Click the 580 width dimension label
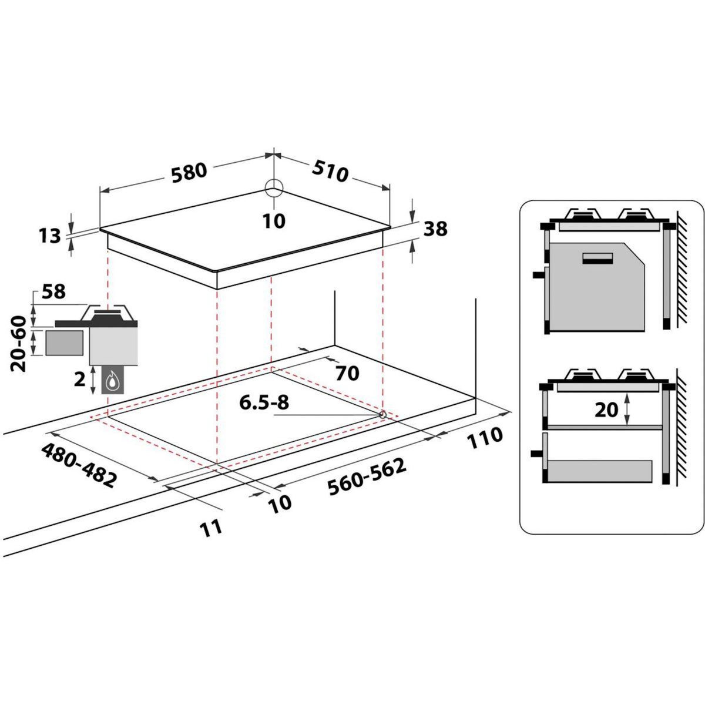point(190,170)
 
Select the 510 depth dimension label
point(330,171)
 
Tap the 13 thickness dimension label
point(51,236)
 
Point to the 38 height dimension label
point(435,229)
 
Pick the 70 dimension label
point(347,372)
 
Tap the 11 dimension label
point(211,526)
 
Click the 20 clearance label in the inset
point(607,409)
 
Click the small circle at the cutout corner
point(382,415)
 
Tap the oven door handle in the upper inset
point(597,258)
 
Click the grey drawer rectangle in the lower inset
point(599,471)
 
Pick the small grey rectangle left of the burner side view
point(64,343)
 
